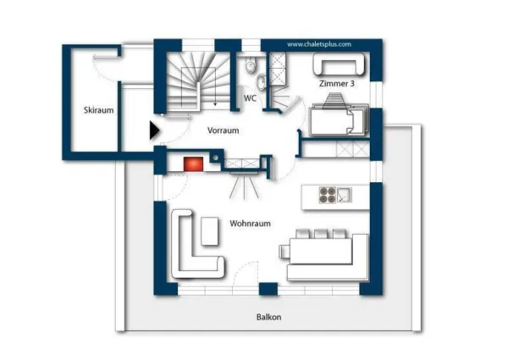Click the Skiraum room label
(98, 110)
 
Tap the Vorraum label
(224, 130)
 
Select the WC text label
(250, 98)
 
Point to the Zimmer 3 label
(337, 83)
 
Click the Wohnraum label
(250, 224)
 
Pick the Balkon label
(268, 317)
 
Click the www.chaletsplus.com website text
(319, 44)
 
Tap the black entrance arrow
(154, 130)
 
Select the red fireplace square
(193, 164)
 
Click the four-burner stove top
(327, 195)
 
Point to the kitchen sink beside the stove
(344, 195)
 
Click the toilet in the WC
(251, 65)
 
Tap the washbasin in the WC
(261, 81)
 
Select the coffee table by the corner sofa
(210, 231)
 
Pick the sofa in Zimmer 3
(339, 64)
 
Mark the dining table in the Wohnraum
(321, 251)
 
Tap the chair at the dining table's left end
(284, 252)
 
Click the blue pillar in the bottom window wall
(268, 289)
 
